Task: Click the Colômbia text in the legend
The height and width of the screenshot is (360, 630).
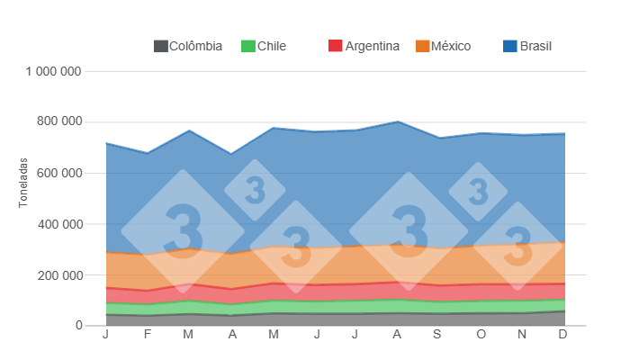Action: [195, 46]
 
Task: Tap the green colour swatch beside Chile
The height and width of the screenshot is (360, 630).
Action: [247, 46]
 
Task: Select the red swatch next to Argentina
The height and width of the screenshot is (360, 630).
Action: [336, 46]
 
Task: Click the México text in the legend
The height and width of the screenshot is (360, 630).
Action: [450, 46]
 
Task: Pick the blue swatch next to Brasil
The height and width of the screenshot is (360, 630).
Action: [509, 46]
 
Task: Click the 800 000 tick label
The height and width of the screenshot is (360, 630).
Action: [59, 121]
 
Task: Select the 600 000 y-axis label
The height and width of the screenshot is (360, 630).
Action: [59, 173]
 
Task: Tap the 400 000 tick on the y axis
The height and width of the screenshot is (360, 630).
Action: [59, 224]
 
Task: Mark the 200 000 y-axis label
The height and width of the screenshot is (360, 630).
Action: [59, 274]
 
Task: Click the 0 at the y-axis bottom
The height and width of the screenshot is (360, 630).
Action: [79, 326]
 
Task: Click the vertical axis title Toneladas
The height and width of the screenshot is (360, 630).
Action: [24, 183]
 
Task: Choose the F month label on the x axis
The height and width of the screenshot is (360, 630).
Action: [148, 336]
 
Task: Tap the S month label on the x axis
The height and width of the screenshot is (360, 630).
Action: [438, 336]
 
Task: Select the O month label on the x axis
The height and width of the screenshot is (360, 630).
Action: [481, 336]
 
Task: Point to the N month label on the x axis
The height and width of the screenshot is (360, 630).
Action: [522, 336]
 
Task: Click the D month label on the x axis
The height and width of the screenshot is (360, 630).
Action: [562, 336]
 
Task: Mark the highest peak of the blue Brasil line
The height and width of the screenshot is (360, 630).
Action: [397, 121]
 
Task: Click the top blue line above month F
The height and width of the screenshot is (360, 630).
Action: [148, 154]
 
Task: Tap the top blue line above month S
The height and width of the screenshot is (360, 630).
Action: [438, 138]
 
